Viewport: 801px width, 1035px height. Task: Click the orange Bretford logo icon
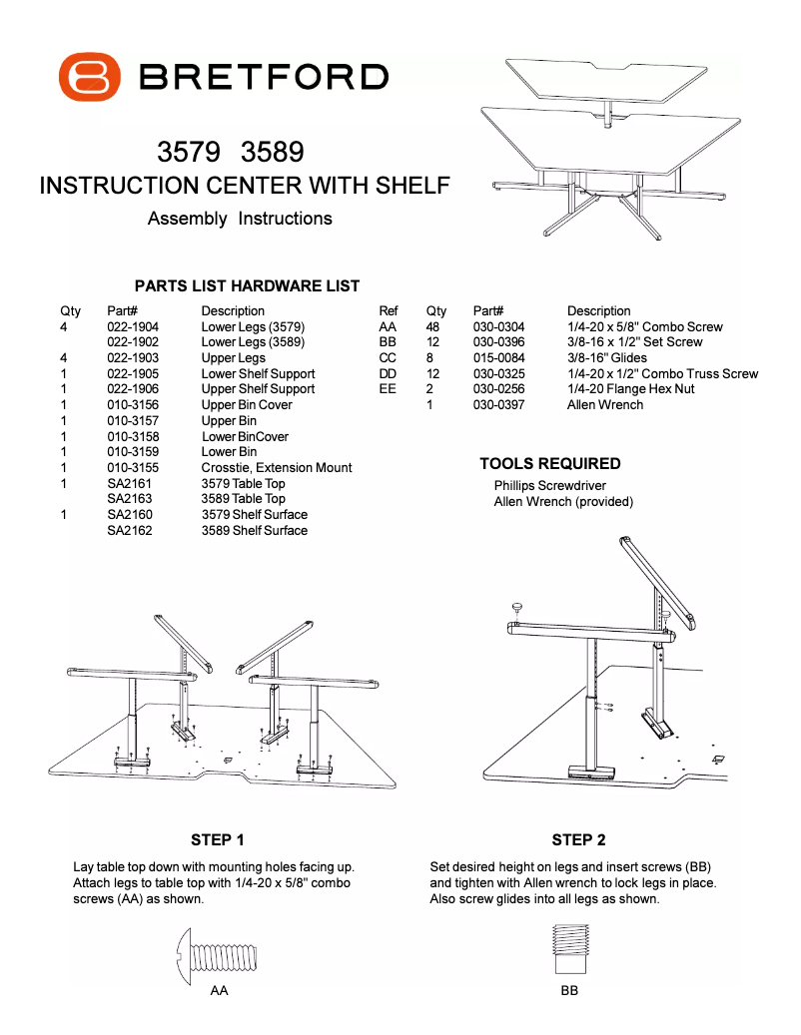tap(90, 77)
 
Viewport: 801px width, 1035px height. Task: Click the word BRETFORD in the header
tap(264, 77)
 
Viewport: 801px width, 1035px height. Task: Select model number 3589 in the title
tap(273, 153)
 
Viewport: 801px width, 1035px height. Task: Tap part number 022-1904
tap(133, 327)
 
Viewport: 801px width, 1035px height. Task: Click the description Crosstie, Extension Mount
tap(277, 468)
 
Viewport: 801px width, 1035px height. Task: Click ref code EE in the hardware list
tap(388, 389)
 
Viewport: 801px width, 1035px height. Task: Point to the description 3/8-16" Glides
tap(607, 358)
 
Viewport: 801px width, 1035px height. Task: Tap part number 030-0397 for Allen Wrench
tap(498, 405)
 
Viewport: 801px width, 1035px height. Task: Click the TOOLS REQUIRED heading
tap(550, 464)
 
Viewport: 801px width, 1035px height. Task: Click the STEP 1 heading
tap(218, 840)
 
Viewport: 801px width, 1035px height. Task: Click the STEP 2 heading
tap(578, 840)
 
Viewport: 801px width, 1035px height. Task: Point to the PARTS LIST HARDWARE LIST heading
tap(247, 286)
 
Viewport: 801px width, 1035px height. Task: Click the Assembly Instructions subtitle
tap(240, 219)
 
